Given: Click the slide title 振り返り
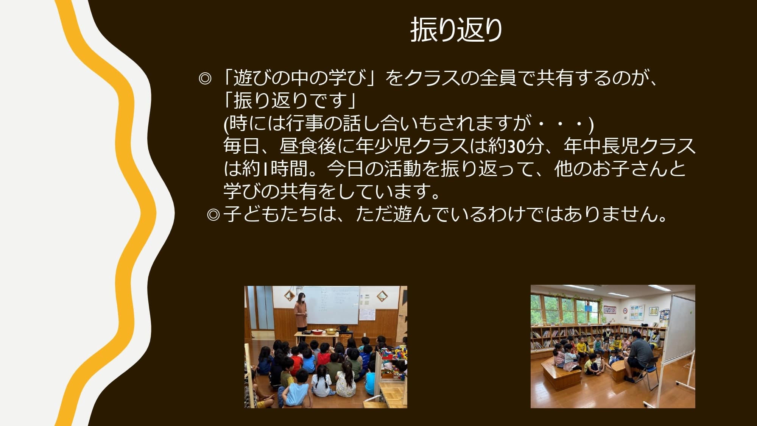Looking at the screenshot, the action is (x=456, y=30).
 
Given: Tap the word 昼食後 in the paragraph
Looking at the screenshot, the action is (x=308, y=146).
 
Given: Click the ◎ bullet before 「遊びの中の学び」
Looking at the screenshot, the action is (x=205, y=79).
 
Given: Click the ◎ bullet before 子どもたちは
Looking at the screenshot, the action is (x=213, y=215).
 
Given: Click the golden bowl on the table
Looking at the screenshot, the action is (x=331, y=331).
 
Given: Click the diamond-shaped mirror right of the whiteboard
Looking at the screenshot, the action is (x=382, y=295).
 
